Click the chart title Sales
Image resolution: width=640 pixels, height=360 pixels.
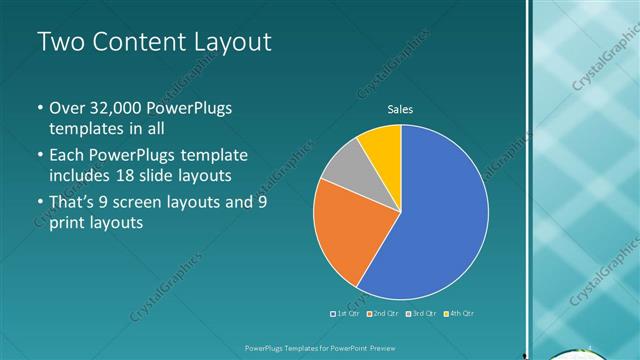coord(400,109)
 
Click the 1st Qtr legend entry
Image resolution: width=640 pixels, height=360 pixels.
coord(347,314)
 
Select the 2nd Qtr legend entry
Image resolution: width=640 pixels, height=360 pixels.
coord(384,314)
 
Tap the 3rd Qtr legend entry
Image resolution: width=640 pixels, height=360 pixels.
coord(421,314)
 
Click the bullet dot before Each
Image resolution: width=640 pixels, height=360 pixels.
coord(39,157)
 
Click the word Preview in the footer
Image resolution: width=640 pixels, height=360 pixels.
coord(376,348)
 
